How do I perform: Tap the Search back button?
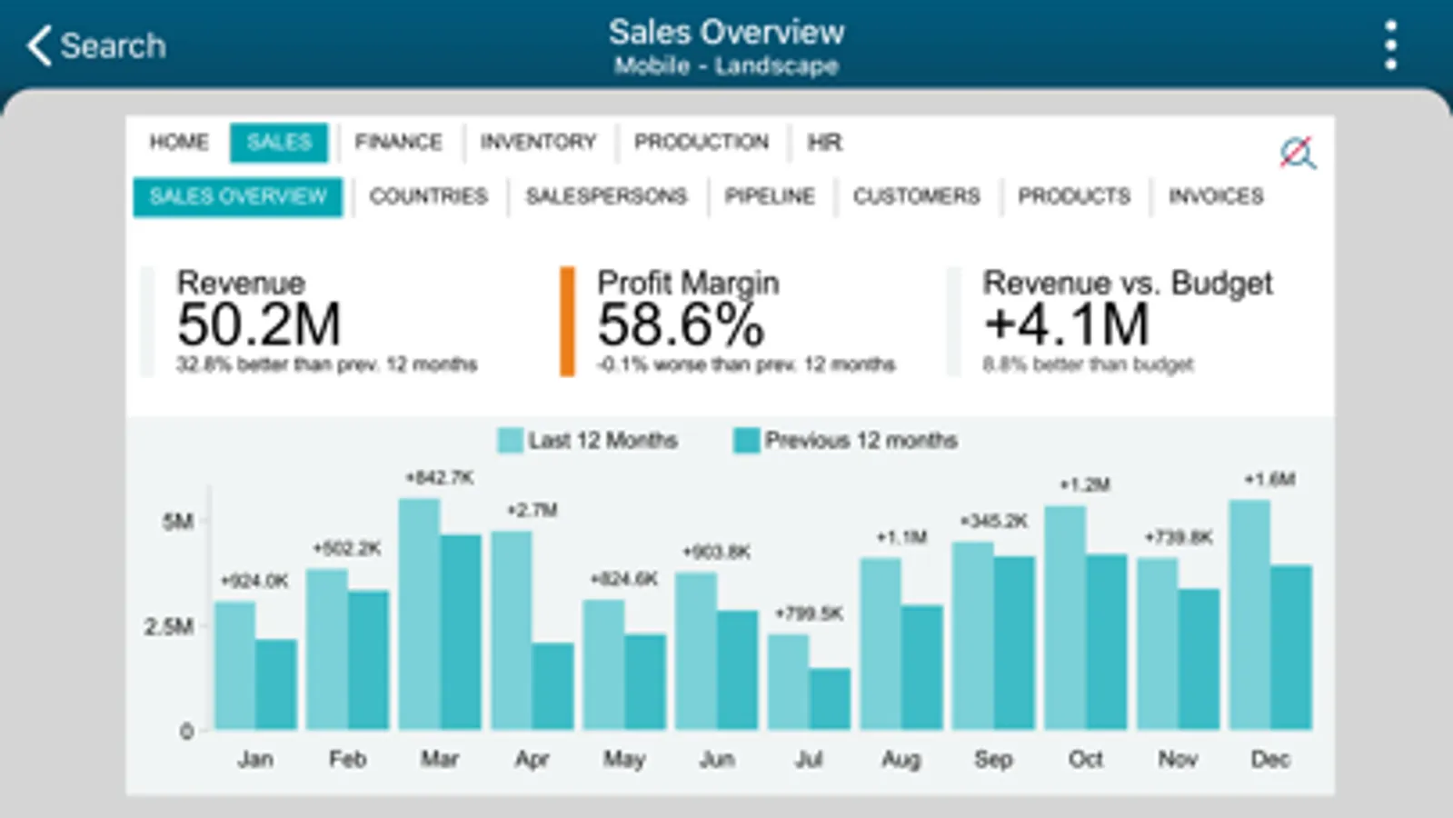[x=95, y=45]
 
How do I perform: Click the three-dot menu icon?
[x=1390, y=45]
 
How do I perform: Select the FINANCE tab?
[x=398, y=142]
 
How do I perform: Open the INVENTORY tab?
[x=538, y=142]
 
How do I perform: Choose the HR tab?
[x=824, y=142]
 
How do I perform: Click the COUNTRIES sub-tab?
[x=428, y=196]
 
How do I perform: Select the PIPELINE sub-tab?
[x=770, y=196]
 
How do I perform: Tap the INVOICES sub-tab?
[x=1216, y=196]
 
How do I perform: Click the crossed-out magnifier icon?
[x=1298, y=153]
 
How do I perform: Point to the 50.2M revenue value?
[x=259, y=324]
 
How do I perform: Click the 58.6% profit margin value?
[x=681, y=324]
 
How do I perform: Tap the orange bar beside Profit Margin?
[x=567, y=321]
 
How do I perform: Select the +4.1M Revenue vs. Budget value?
[x=1067, y=324]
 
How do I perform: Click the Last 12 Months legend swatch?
[x=510, y=441]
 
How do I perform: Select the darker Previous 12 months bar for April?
[x=552, y=686]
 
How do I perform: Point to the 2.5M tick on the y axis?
[x=169, y=626]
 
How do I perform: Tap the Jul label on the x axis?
[x=809, y=759]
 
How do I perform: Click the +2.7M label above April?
[x=532, y=510]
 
